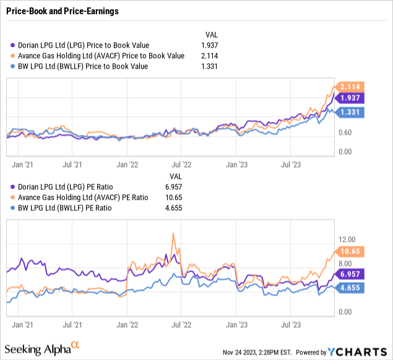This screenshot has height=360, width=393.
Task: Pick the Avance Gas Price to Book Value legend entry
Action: (101, 56)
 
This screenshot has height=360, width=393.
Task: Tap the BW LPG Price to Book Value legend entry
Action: (86, 66)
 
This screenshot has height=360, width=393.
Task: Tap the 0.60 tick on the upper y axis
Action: (347, 132)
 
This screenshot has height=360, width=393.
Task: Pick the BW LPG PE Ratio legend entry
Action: (74, 208)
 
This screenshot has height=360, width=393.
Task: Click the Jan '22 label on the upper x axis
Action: (127, 165)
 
